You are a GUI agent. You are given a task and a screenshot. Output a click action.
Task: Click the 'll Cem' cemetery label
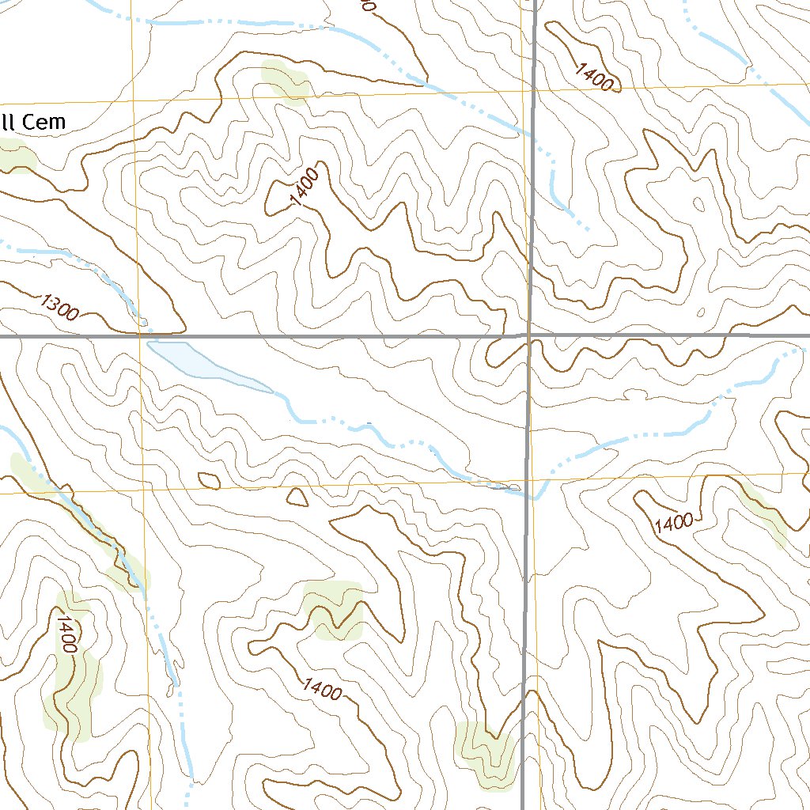pos(32,122)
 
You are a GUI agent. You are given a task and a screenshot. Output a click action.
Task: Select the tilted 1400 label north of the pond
pos(305,187)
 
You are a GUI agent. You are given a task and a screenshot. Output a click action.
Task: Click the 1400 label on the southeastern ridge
pos(673,522)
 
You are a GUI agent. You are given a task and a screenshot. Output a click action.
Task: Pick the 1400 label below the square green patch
pos(322,689)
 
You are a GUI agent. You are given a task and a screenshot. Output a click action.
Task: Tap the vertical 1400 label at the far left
pos(66,633)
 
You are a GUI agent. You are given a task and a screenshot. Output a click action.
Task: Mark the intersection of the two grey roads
pos(528,335)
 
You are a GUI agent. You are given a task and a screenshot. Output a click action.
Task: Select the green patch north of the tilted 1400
pos(285,81)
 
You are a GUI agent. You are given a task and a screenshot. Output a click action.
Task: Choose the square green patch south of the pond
pos(333,609)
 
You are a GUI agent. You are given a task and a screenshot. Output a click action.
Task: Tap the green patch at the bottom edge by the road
pos(485,754)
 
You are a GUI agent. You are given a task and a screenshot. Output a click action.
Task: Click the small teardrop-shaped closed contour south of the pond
pos(209,479)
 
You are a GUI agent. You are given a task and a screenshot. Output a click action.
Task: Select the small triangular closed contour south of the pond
pos(297,498)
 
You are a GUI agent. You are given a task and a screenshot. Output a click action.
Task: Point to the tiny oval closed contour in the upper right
pos(698,204)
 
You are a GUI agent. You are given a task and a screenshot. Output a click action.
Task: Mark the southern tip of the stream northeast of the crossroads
pos(586,226)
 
